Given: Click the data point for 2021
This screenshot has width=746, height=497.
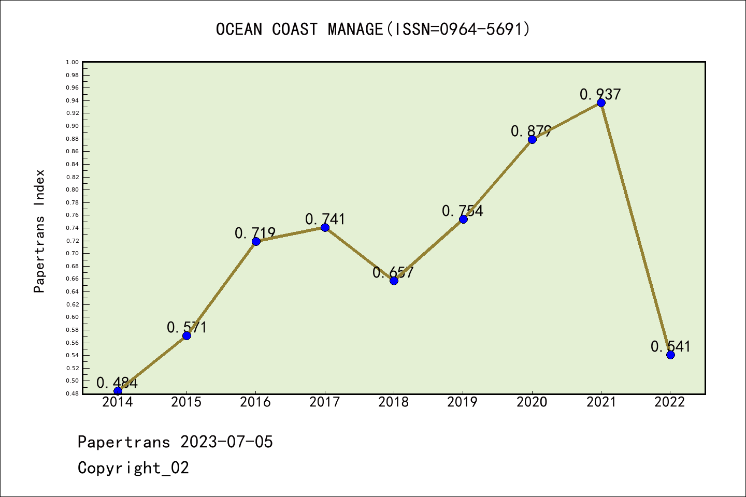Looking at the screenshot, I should (x=601, y=103).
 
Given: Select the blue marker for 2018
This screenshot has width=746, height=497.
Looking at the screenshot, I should (x=394, y=281).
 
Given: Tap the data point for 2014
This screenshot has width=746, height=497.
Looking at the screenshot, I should (x=118, y=391).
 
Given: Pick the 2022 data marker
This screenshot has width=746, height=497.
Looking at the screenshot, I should (x=670, y=355).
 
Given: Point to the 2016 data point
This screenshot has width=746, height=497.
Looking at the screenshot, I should (x=256, y=241).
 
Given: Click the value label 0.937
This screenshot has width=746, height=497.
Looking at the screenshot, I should (x=600, y=94).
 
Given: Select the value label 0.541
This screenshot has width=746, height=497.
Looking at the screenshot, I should (x=670, y=346).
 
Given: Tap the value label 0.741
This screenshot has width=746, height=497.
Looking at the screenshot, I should (x=325, y=219).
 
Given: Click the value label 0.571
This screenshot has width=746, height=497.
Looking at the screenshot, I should (x=187, y=327).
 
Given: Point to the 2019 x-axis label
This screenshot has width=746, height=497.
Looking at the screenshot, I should (x=463, y=402).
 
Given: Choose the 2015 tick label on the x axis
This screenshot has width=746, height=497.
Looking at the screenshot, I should (x=187, y=402).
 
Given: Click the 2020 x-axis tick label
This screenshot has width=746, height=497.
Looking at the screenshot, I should (x=532, y=402).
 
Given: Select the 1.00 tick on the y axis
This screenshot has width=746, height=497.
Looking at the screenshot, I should (x=73, y=63).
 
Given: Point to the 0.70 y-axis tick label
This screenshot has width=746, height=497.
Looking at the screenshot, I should (x=73, y=253).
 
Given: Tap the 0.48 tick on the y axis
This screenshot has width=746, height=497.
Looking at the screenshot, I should (x=73, y=393).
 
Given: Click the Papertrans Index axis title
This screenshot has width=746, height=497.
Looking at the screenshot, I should (x=40, y=231).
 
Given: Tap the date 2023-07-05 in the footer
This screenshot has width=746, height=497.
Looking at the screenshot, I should (x=226, y=442).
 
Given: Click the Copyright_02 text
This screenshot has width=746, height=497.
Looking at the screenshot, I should (x=133, y=467).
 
